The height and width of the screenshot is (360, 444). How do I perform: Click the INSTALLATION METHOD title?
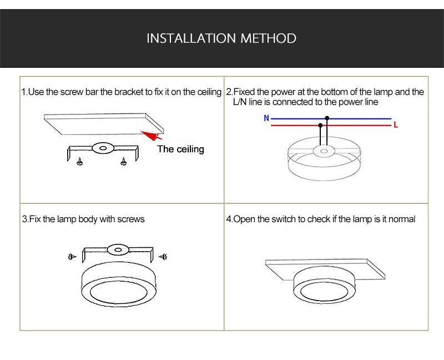click(221, 38)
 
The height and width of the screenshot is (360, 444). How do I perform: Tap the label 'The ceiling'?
click(180, 149)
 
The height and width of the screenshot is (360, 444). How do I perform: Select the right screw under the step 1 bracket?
click(123, 162)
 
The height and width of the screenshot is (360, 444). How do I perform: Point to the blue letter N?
click(266, 118)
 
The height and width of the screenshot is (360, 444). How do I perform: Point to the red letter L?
click(396, 126)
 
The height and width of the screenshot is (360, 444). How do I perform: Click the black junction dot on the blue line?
click(327, 118)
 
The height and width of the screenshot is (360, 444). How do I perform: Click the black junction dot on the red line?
click(320, 126)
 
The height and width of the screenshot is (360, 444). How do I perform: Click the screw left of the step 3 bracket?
click(71, 257)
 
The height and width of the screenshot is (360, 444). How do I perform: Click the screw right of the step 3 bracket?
click(163, 256)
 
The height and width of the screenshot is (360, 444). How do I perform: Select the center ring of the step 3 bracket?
click(117, 248)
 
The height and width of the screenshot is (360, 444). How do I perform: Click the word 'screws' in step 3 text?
click(131, 219)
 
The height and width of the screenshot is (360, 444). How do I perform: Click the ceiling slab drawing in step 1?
click(103, 123)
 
